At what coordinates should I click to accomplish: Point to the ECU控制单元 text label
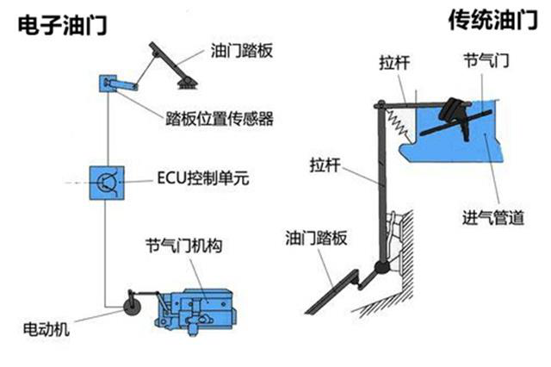pos(201,181)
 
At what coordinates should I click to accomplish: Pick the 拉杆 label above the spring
pos(395,62)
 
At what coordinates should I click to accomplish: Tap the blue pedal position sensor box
pos(107,84)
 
